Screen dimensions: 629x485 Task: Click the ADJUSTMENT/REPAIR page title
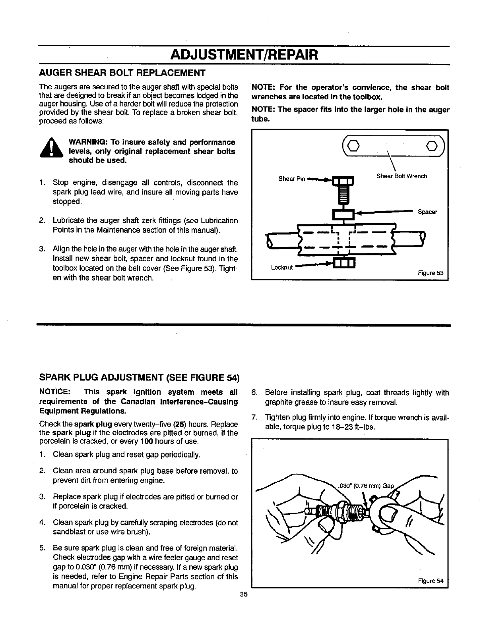(x=244, y=55)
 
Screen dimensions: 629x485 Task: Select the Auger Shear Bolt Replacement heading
(x=122, y=73)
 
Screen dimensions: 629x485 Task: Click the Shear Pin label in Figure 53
(x=292, y=179)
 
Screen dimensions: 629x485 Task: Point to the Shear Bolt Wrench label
(x=402, y=176)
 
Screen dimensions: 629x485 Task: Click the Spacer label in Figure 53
(x=427, y=212)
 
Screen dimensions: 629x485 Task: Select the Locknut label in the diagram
(x=282, y=267)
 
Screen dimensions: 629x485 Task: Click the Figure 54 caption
(x=431, y=581)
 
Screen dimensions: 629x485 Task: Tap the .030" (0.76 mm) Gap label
(x=365, y=486)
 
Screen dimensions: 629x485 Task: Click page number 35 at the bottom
(x=244, y=594)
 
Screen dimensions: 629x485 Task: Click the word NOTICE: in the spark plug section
(x=55, y=392)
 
